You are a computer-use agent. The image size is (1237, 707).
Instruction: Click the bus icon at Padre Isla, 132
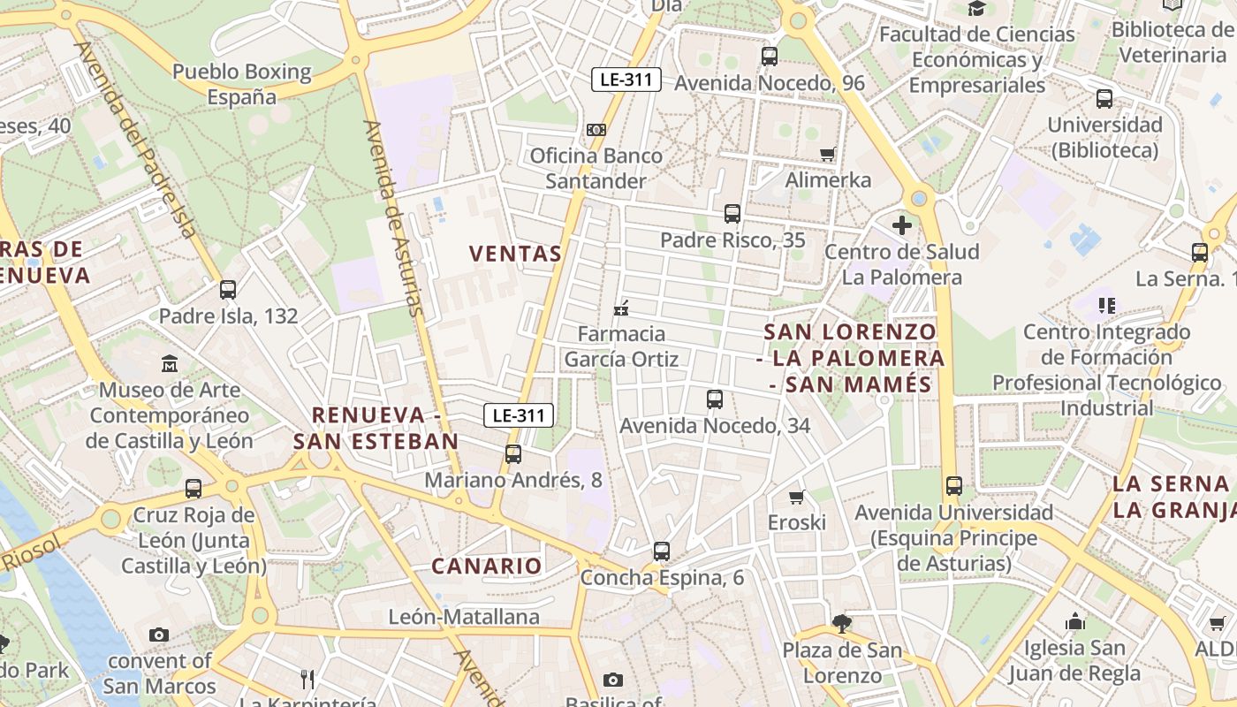point(228,289)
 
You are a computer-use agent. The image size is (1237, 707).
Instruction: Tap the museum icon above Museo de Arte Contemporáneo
point(169,363)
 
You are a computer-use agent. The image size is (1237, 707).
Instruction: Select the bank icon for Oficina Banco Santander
point(596,130)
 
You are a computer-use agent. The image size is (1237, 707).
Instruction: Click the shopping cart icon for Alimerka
point(828,155)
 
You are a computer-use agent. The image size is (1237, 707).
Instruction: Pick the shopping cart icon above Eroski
point(796,497)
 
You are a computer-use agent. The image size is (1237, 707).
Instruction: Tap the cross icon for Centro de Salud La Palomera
point(901,225)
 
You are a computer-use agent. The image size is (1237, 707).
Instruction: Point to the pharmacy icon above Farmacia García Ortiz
point(621,308)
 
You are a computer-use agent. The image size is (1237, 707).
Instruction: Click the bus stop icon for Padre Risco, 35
point(732,213)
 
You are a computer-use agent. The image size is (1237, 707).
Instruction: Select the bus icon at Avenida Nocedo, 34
point(715,399)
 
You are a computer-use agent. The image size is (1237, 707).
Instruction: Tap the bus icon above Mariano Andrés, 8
point(513,454)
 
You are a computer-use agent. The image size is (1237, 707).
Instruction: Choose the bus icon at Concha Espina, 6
point(662,551)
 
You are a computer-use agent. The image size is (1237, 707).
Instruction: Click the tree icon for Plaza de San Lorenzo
point(842,624)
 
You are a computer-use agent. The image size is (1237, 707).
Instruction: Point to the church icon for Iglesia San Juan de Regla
point(1075,621)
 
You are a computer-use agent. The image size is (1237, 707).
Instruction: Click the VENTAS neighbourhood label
point(516,254)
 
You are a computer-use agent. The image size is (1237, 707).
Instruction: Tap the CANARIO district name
point(486,566)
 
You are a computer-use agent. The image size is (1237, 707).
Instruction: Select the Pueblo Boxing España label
point(242,84)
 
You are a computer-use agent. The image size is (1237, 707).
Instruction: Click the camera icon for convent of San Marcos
point(159,635)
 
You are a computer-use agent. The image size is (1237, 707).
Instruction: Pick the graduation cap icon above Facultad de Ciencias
point(976,9)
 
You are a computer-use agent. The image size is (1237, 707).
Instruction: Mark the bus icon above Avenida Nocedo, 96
point(770,57)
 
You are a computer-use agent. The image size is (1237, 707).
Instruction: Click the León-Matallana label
point(464,617)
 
